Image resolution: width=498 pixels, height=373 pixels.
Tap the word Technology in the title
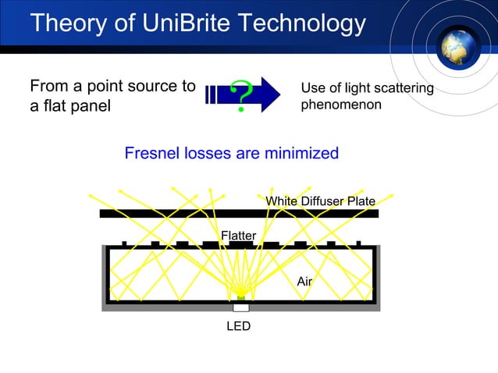pyautogui.click(x=300, y=23)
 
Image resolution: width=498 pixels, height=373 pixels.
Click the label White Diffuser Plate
pyautogui.click(x=320, y=201)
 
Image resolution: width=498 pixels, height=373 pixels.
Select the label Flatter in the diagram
pyautogui.click(x=238, y=235)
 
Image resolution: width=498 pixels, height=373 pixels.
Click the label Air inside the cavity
pyautogui.click(x=304, y=281)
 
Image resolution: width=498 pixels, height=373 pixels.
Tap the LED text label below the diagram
pyautogui.click(x=238, y=326)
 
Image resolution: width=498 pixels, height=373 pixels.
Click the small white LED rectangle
pyautogui.click(x=240, y=307)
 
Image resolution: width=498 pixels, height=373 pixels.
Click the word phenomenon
pyautogui.click(x=341, y=104)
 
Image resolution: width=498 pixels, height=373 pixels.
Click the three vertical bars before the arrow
pyautogui.click(x=211, y=95)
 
